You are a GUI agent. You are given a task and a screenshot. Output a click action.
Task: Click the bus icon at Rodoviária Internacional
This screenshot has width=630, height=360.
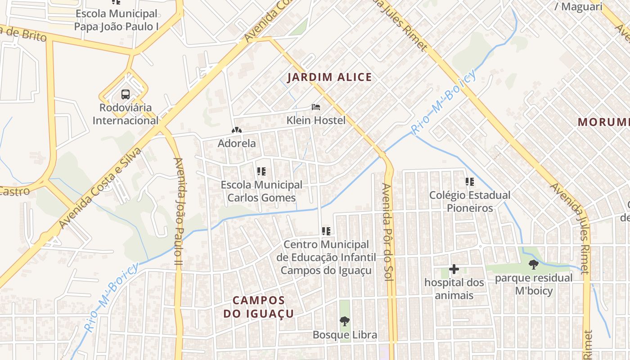pos(126,94)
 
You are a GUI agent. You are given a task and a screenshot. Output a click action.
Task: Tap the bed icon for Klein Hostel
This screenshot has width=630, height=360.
pos(316,107)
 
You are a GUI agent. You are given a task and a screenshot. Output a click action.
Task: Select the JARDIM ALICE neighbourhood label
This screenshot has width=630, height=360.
pos(329,77)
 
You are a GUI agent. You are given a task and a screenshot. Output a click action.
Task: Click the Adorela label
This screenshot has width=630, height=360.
pos(237,144)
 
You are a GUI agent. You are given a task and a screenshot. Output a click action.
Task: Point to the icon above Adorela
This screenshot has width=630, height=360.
pos(236,130)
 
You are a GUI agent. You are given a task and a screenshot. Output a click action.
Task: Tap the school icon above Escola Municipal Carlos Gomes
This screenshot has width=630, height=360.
pos(261,171)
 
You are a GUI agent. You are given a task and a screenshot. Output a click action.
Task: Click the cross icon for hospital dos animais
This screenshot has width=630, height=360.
pos(454,270)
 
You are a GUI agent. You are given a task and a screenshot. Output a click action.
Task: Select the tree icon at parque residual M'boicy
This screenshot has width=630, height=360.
pos(534,265)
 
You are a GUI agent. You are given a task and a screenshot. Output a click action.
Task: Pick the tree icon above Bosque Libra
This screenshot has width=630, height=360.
pos(345,321)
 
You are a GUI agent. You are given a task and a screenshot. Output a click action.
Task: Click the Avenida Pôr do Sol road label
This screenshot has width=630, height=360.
pos(387,232)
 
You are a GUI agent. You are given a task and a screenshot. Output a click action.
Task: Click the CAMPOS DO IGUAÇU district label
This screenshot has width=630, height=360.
pos(259,307)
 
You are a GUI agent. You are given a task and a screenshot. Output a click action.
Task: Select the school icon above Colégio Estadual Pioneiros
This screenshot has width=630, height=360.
pos(470,182)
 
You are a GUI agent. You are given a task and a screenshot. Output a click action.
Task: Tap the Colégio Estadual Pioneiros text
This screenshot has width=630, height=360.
pos(470,202)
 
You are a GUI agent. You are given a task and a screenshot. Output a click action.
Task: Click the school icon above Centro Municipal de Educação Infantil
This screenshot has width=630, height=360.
pos(326,231)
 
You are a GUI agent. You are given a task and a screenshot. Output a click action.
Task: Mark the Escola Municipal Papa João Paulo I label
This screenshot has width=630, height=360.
pos(116,20)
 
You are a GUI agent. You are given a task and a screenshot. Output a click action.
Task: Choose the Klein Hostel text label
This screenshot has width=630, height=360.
pos(316,120)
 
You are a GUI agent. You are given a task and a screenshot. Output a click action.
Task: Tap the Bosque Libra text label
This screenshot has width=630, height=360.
pos(345,335)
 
